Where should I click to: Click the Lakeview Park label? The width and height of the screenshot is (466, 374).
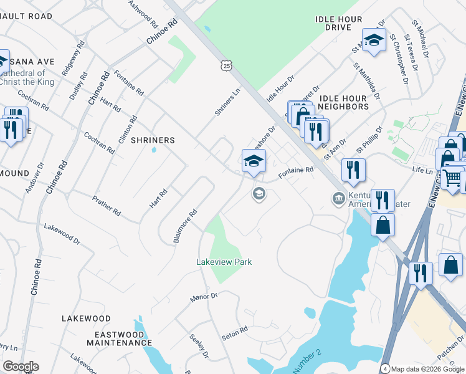point(224,262)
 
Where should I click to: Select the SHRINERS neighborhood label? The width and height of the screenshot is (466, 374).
point(153,140)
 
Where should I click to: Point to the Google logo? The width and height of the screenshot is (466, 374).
point(21,367)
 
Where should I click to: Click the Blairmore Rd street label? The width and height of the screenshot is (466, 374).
point(184,226)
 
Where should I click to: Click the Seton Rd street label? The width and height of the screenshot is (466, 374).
point(235,333)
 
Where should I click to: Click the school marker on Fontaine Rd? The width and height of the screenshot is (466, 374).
point(254,161)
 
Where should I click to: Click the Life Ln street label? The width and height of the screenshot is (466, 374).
point(422,170)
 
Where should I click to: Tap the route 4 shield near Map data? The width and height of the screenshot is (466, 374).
point(385,368)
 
